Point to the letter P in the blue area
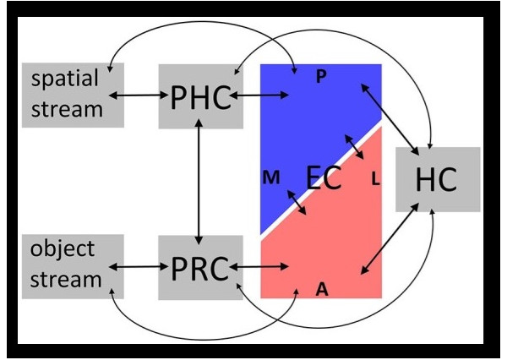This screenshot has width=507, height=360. pos(320,77)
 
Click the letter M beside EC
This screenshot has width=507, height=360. pos(271,177)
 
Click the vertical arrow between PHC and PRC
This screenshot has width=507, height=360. pos(198,182)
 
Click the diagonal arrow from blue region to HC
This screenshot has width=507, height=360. pos(388,117)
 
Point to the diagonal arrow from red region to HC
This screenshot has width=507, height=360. pos(389,240)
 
